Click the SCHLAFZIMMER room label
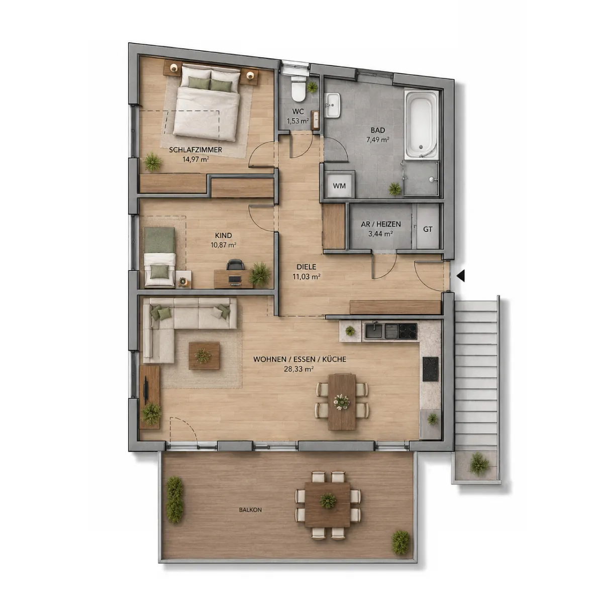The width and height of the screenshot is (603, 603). point(195,150)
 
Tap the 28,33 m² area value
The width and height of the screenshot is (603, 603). point(299,369)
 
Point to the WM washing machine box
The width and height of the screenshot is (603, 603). point(340,186)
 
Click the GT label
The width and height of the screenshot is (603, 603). point(428,229)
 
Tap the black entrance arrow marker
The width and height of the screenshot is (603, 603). point(461,276)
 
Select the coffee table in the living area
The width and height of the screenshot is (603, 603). point(204,356)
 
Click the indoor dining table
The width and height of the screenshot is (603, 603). point(342,401)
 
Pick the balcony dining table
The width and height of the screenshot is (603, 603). point(327,505)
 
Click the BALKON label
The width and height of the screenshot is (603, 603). point(250,510)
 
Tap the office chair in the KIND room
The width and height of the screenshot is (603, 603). point(235,265)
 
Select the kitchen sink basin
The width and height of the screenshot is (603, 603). point(374,331)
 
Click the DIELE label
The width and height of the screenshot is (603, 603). point(307,267)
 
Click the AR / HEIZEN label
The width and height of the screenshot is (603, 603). point(381,224)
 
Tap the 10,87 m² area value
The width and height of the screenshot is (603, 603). point(224,245)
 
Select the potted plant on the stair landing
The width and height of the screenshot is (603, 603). point(479,464)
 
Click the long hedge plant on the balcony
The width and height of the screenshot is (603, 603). point(174,499)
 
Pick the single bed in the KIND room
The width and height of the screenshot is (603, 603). point(160,257)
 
